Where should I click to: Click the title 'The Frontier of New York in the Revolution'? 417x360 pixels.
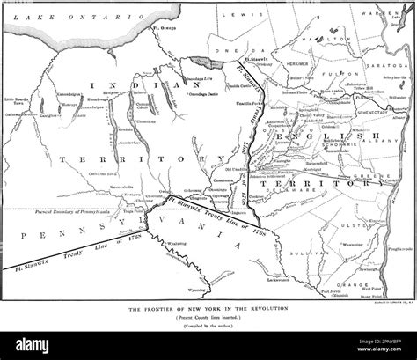click(208, 311)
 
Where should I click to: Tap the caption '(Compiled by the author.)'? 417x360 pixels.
click(208, 327)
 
